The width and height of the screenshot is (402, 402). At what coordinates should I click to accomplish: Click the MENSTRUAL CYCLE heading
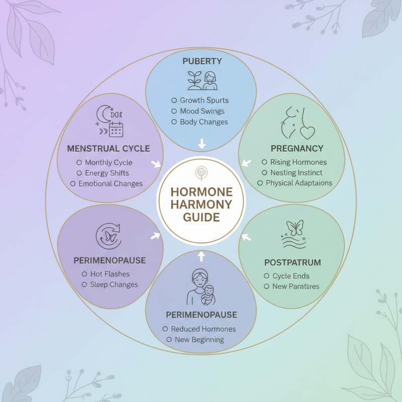pos(109,148)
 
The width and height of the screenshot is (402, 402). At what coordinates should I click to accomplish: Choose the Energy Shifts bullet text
pos(107,173)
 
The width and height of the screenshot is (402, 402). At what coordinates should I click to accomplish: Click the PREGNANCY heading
pos(296,148)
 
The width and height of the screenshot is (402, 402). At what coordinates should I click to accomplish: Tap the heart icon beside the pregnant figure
pos(307,132)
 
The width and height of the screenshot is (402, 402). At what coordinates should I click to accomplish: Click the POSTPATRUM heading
pos(292,262)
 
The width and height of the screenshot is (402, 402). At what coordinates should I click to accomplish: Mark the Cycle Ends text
pos(291,276)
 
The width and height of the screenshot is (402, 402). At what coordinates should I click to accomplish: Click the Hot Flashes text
pos(110,274)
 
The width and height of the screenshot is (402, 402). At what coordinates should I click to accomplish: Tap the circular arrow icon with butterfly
pos(108,235)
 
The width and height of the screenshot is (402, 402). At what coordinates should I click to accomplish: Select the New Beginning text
pos(199,340)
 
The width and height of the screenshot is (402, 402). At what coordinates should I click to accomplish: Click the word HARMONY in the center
pos(201,205)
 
